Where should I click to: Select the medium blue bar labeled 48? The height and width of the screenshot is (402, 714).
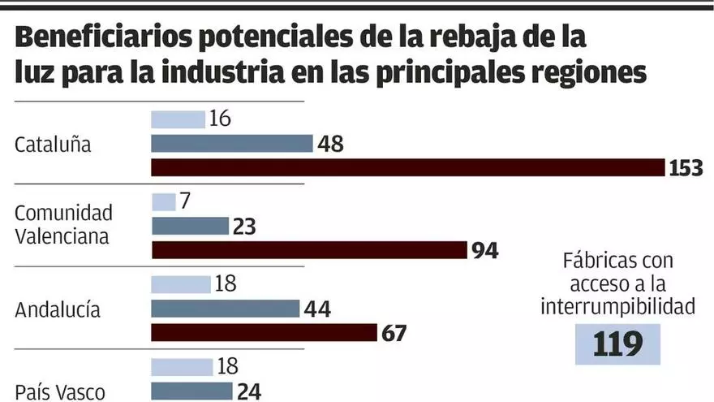click(231, 144)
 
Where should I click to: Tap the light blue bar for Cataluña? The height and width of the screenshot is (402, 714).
click(178, 119)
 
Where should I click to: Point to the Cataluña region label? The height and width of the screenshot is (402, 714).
click(53, 145)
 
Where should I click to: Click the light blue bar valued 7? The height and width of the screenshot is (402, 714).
click(163, 201)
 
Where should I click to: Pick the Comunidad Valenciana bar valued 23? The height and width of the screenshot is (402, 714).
click(190, 226)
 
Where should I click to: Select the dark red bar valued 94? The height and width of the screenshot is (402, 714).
click(309, 250)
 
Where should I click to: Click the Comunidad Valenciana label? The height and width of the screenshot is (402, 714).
click(63, 224)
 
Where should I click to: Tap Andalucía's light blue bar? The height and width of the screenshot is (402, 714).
click(180, 284)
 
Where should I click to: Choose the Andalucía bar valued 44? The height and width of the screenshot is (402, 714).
click(225, 309)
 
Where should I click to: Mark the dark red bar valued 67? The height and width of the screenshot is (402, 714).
click(265, 333)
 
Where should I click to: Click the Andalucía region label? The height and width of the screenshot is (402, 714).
click(58, 310)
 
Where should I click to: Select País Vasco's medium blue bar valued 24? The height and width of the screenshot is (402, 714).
click(191, 391)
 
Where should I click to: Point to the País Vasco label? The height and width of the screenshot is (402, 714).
click(60, 392)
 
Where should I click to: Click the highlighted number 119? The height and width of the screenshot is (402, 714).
click(617, 344)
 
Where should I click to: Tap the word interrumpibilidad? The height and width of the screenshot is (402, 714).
click(617, 306)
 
